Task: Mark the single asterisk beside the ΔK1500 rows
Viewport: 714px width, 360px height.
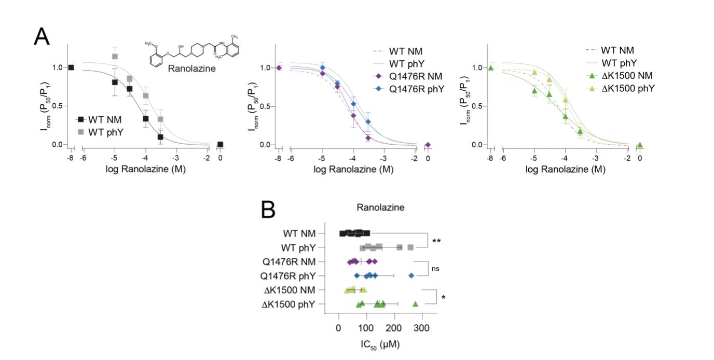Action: click(443, 298)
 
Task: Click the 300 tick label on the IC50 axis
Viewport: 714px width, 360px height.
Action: click(422, 328)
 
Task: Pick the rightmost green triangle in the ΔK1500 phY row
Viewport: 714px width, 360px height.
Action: click(415, 304)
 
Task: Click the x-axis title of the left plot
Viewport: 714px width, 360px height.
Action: click(146, 169)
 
